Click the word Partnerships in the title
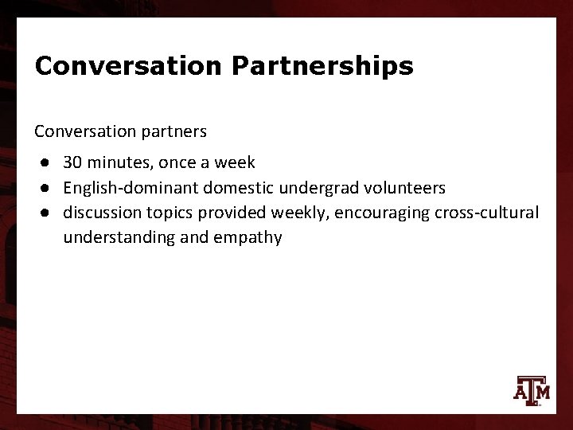pos(322,66)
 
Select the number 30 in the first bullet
pos(72,163)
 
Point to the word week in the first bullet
pos(237,163)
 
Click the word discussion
pos(99,213)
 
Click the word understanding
pos(116,237)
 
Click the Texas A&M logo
pos(530,389)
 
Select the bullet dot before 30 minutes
pos(49,163)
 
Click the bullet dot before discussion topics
pos(49,213)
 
